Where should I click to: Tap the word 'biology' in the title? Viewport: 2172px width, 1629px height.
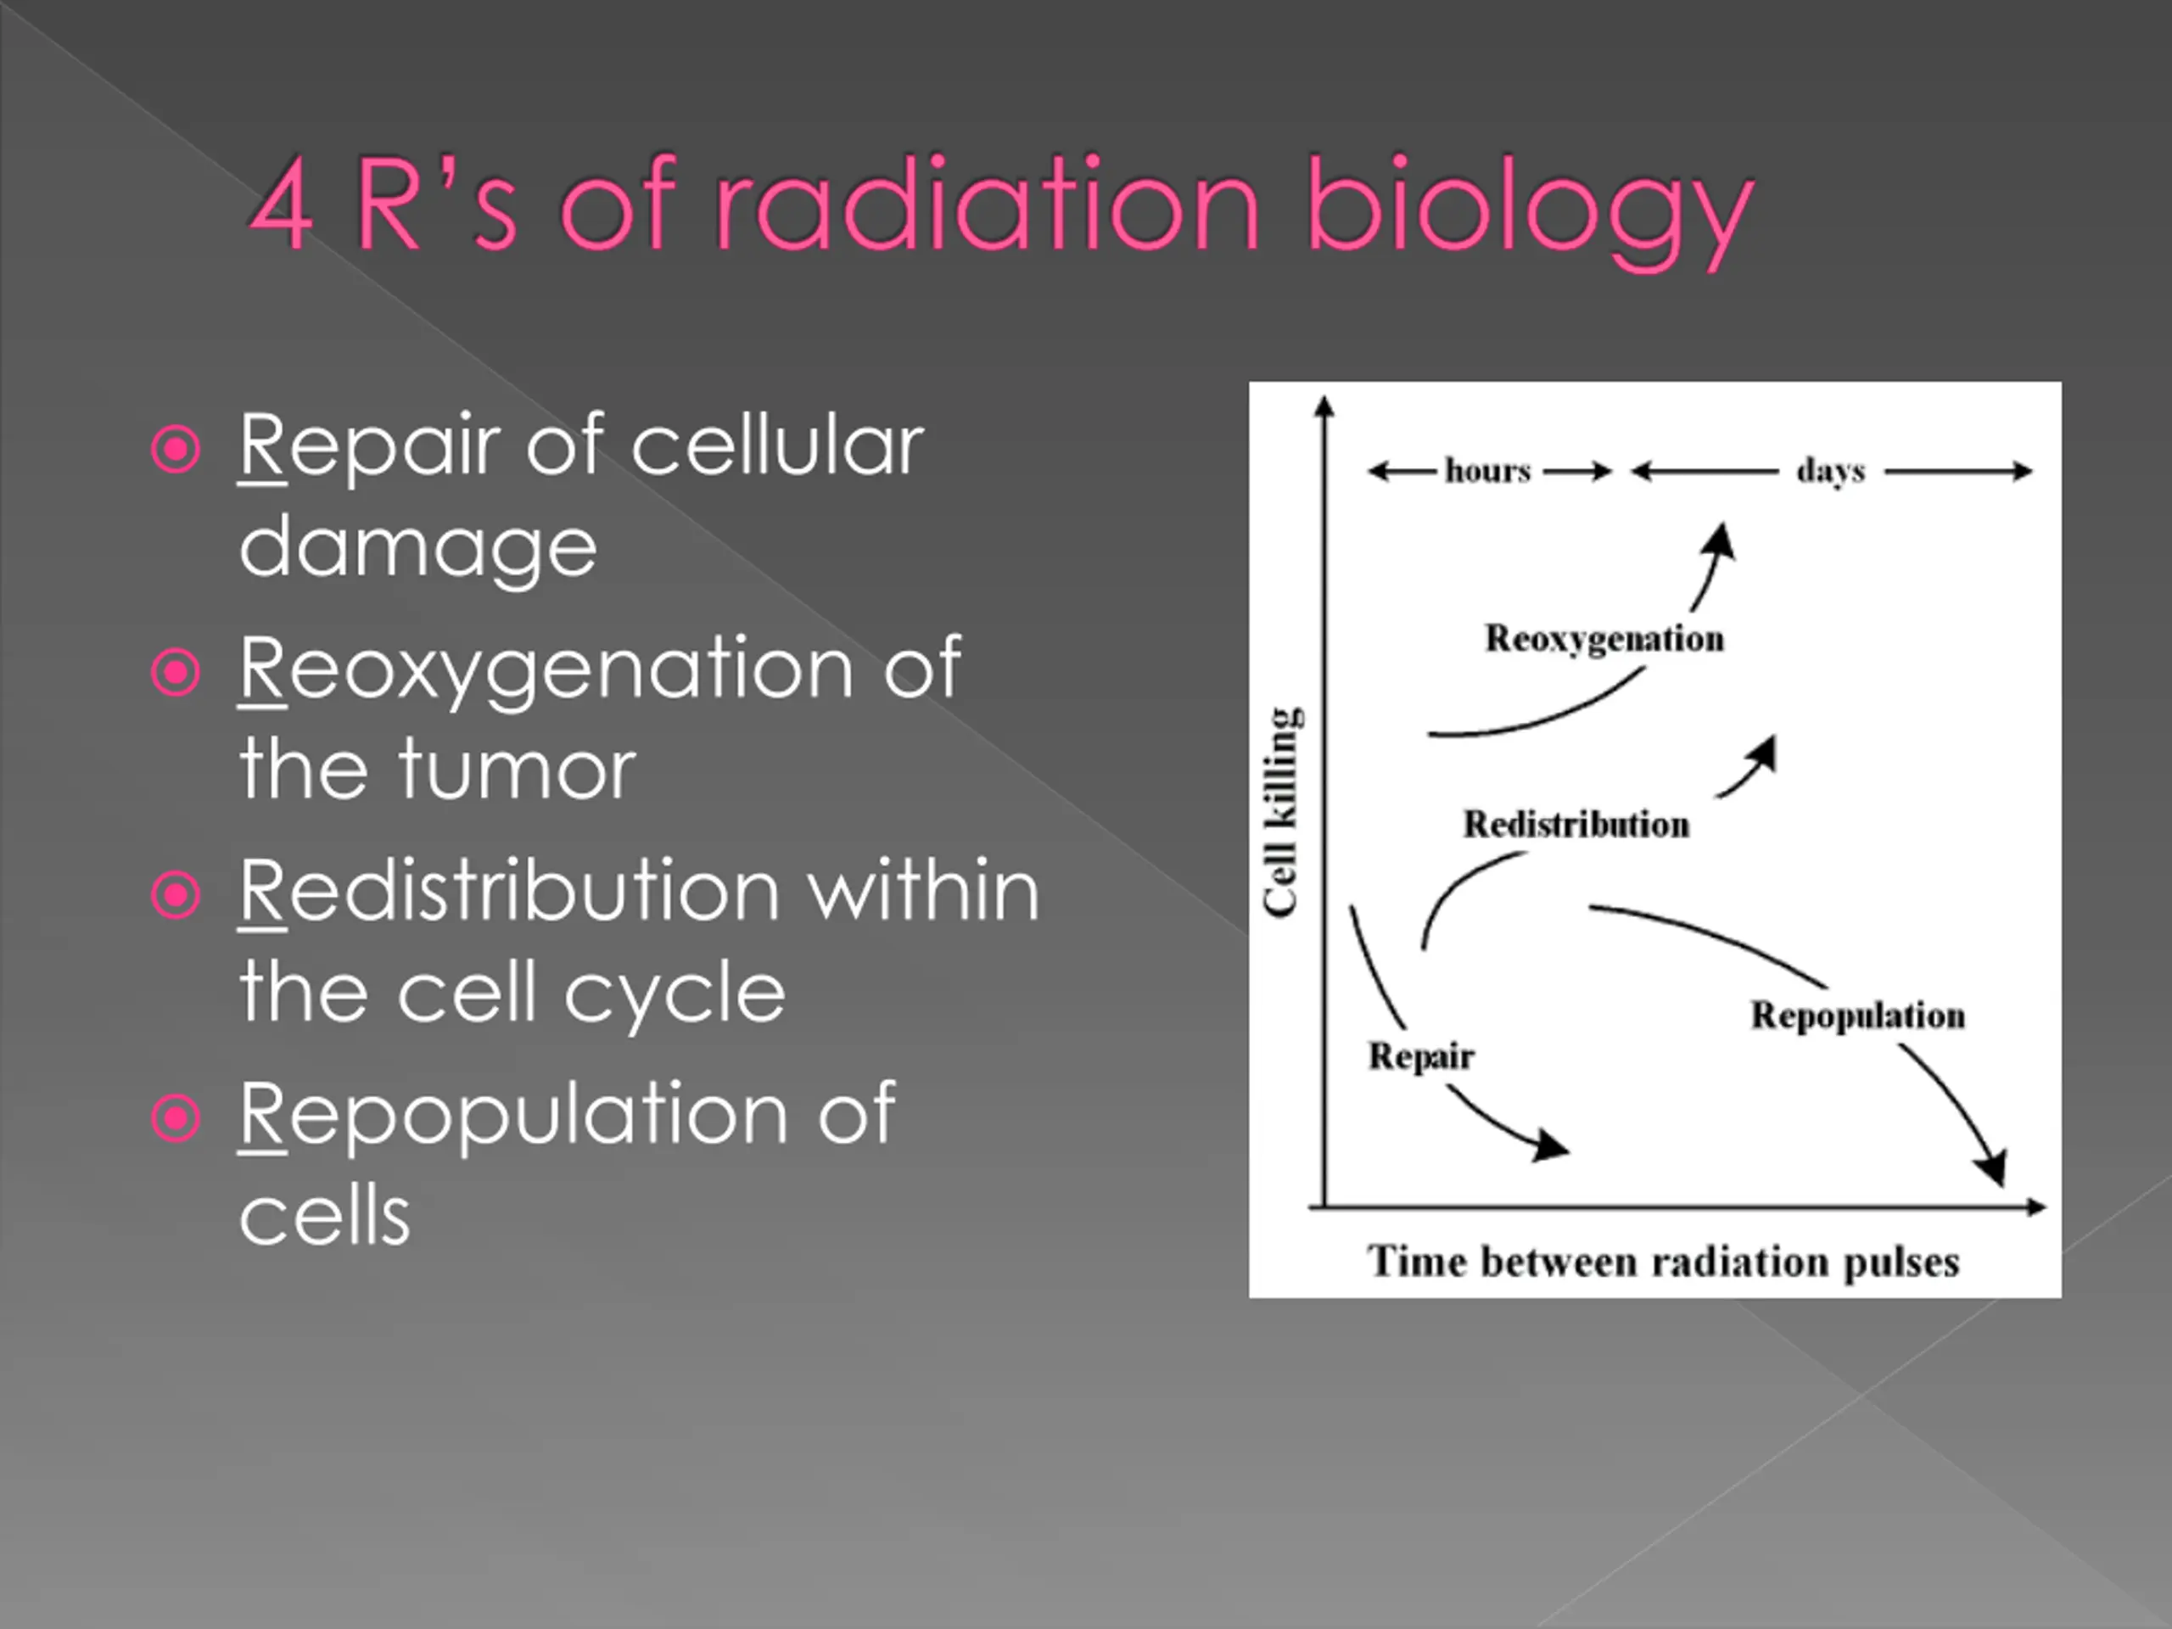[x=1530, y=211]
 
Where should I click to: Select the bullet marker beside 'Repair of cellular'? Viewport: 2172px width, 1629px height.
[x=176, y=449]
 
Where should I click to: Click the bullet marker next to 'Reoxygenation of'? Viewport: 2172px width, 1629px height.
[x=176, y=672]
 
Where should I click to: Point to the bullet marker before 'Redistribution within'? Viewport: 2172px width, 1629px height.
[x=176, y=893]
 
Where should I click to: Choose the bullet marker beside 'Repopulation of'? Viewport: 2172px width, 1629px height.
[x=176, y=1117]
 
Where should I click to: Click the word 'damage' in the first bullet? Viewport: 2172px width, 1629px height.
[x=418, y=548]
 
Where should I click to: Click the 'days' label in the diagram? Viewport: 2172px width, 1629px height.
[x=1831, y=472]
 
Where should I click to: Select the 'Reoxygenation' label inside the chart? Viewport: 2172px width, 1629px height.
[x=1604, y=639]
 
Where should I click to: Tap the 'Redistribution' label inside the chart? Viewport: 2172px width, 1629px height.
[x=1577, y=824]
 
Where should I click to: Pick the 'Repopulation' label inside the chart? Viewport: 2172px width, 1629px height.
[x=1859, y=1016]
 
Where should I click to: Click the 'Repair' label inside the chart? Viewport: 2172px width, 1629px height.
[x=1422, y=1056]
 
